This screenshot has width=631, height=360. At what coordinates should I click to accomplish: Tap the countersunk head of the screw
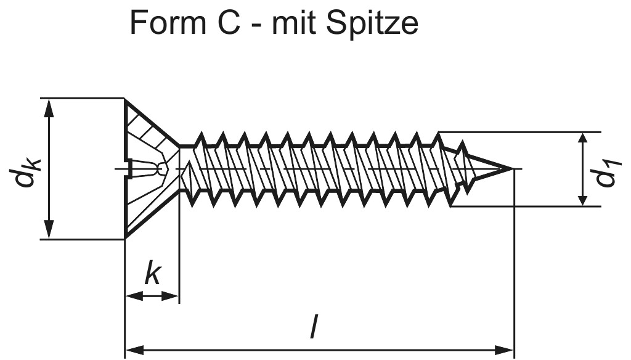148,168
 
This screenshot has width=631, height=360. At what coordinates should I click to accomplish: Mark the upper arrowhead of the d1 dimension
582,139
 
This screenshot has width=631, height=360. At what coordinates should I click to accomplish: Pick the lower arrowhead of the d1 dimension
582,199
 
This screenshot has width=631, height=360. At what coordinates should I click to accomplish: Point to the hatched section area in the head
144,133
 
